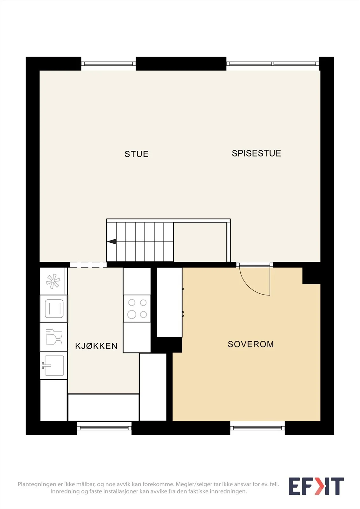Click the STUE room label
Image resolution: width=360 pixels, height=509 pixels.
(x=137, y=154)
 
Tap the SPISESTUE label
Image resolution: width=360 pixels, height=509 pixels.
(x=256, y=153)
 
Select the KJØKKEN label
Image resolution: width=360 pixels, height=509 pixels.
(x=96, y=346)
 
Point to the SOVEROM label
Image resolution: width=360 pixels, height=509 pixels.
(x=251, y=344)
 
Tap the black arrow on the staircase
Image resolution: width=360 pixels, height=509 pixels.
(x=112, y=241)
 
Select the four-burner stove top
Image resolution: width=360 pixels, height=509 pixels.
(x=137, y=309)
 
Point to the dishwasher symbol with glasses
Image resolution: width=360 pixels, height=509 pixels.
(x=54, y=337)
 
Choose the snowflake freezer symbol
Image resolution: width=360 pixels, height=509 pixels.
(x=53, y=281)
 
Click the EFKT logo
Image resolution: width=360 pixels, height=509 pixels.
(x=316, y=486)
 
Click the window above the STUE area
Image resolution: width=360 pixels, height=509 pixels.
(x=109, y=64)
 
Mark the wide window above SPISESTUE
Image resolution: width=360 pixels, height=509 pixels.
(x=273, y=64)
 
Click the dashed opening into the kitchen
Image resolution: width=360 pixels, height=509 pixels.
(x=88, y=265)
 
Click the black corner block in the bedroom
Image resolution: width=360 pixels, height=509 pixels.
(x=311, y=276)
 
